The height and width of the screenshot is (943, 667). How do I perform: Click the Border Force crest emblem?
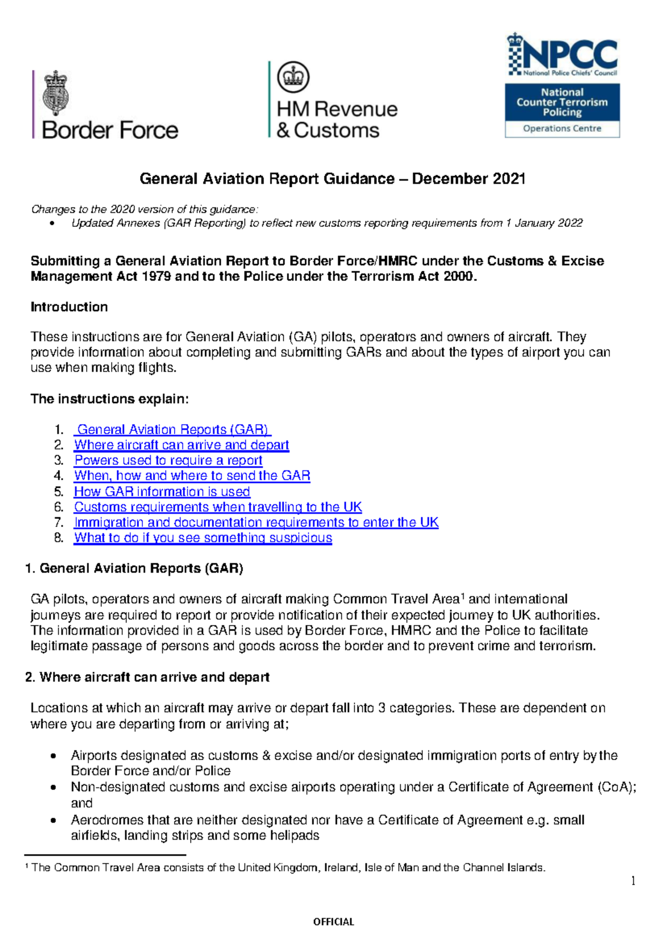(56, 93)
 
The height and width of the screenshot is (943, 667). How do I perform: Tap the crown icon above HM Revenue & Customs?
(293, 77)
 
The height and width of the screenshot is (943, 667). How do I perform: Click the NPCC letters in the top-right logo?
(570, 54)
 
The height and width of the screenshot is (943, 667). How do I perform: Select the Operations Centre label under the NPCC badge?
(562, 128)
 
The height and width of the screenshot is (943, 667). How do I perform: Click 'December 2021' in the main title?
(469, 178)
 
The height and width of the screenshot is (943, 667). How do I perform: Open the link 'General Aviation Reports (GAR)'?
(172, 429)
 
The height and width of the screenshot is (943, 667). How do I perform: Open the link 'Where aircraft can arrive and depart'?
(182, 445)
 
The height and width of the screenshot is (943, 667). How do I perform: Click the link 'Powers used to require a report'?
(168, 460)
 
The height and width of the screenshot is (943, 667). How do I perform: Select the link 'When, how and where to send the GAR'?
(192, 475)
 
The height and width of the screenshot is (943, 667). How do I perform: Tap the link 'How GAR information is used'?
(162, 492)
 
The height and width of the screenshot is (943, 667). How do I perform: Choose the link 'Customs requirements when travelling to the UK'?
(218, 507)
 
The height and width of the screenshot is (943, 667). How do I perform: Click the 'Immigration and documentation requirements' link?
(256, 522)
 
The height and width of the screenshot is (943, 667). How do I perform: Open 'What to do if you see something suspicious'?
(203, 538)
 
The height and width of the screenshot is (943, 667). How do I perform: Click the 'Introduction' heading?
(69, 307)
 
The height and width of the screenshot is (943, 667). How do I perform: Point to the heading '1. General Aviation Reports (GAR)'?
(135, 568)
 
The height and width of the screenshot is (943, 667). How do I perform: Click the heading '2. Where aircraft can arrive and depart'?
(148, 677)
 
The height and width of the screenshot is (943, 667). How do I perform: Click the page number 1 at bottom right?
(633, 881)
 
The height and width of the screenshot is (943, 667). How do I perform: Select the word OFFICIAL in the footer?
(333, 922)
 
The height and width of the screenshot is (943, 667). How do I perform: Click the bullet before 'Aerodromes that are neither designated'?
(53, 820)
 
